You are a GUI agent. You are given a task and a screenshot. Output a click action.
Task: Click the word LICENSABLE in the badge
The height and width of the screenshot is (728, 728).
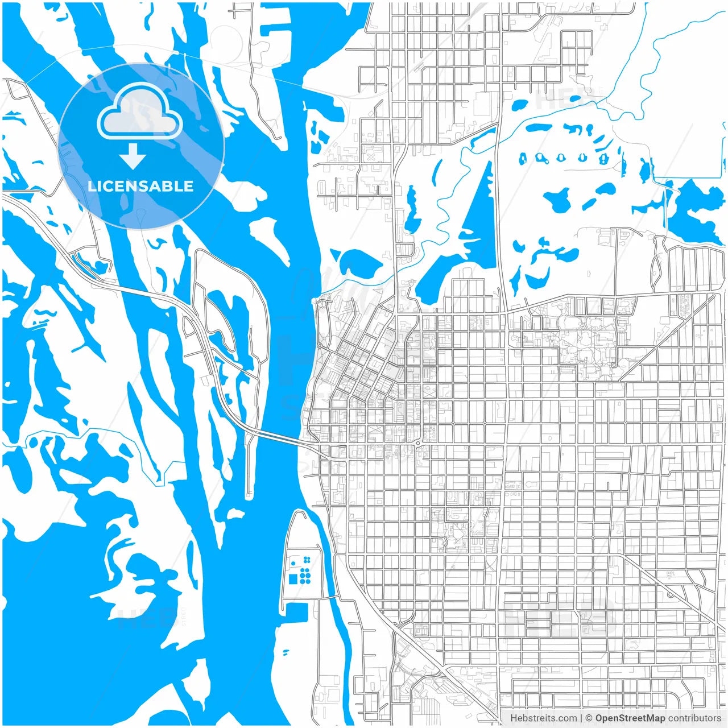tap(140, 187)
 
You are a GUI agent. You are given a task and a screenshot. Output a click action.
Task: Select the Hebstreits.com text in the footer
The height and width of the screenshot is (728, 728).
tap(543, 718)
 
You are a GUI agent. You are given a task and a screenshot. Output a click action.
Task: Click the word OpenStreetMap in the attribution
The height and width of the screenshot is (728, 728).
tap(630, 718)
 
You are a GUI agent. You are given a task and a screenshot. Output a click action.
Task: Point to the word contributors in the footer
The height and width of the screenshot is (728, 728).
tap(694, 718)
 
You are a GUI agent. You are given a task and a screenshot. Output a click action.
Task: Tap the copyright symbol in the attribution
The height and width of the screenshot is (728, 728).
tap(589, 718)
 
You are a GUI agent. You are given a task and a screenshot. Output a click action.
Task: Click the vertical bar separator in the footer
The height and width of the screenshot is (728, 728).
tap(581, 718)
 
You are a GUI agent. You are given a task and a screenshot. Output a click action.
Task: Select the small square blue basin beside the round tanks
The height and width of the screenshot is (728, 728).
tap(293, 579)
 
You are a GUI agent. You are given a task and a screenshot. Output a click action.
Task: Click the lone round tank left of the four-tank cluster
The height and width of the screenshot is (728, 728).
tap(293, 563)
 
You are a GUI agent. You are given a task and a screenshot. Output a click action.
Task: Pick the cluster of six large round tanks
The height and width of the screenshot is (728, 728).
tap(305, 576)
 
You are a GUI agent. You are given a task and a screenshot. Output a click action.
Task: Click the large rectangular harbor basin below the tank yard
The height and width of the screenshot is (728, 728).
tap(296, 612)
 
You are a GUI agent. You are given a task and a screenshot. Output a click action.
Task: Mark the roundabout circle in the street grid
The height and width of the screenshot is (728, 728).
tap(418, 442)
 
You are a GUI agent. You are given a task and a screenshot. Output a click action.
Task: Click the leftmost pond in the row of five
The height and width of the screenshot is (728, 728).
tap(523, 158)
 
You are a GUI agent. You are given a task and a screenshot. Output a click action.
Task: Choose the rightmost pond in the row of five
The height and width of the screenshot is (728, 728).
tap(602, 158)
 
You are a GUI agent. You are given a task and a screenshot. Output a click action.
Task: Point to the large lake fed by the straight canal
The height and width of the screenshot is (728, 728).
tap(691, 208)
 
